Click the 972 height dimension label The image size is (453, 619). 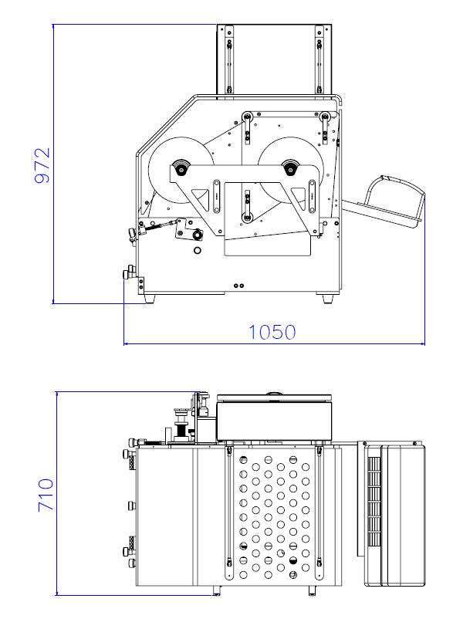42,165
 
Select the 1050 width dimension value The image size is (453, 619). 272,333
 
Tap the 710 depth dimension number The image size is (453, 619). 46,495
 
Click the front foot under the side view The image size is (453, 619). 150,299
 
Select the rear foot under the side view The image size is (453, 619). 327,298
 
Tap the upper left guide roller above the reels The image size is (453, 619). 247,117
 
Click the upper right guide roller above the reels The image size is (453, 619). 325,116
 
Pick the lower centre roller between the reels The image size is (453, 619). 247,217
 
